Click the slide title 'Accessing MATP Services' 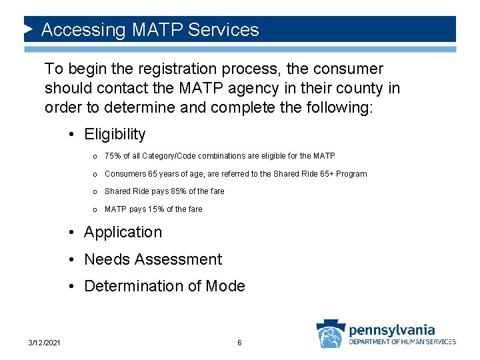[150, 30]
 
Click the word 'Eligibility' [115, 134]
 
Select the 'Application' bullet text [123, 232]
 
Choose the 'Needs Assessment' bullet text [153, 259]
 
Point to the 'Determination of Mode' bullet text [164, 286]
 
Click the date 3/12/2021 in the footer [45, 343]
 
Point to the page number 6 [239, 343]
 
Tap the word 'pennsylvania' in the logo [392, 329]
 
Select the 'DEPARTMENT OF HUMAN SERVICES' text [403, 342]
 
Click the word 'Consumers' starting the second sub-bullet [125, 174]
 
